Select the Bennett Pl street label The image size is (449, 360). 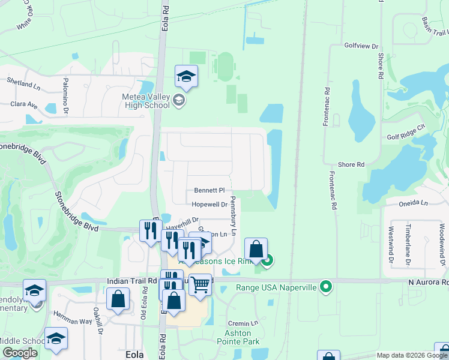[x=208, y=190]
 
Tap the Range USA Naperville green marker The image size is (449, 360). [x=326, y=286]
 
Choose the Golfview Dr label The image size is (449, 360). [x=362, y=46]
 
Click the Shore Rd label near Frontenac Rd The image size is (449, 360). [x=351, y=164]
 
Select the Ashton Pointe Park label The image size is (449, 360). [x=242, y=337]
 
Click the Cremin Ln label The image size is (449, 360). [x=243, y=323]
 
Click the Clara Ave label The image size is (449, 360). [x=24, y=104]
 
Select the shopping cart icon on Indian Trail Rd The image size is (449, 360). [x=200, y=284]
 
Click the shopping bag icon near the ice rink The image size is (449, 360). [x=256, y=249]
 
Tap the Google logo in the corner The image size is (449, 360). [x=20, y=353]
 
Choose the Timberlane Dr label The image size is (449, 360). [x=408, y=246]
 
